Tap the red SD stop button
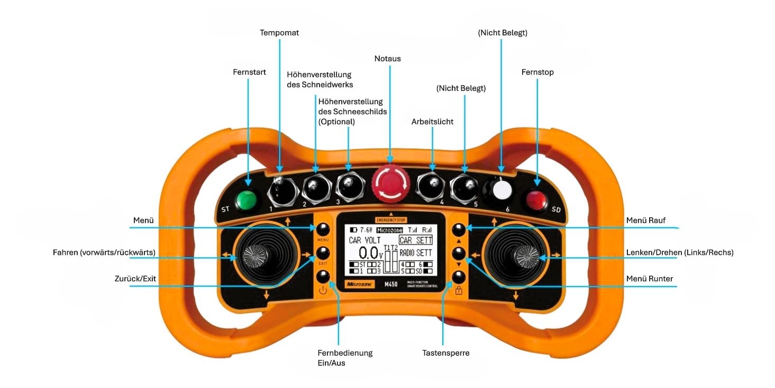(x=534, y=200)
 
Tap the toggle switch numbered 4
(x=431, y=185)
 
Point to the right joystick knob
(x=526, y=256)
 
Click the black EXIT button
(x=323, y=253)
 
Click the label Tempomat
(x=279, y=33)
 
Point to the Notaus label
(x=387, y=59)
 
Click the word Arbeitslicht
(x=432, y=122)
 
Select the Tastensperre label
(x=445, y=353)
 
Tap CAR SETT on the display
(x=415, y=241)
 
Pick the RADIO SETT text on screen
(x=415, y=253)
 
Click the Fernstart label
(x=249, y=71)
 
